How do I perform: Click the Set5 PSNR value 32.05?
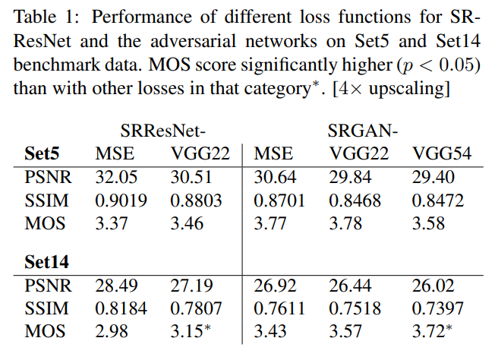coord(115,178)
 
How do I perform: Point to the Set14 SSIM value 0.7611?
coord(276,309)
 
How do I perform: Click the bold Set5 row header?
coord(43,154)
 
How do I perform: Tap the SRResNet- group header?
coord(164,131)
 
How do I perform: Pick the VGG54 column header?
coord(442,154)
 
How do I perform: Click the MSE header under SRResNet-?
coord(115,154)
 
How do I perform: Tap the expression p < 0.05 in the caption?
coord(434,65)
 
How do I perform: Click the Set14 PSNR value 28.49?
coord(115,286)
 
